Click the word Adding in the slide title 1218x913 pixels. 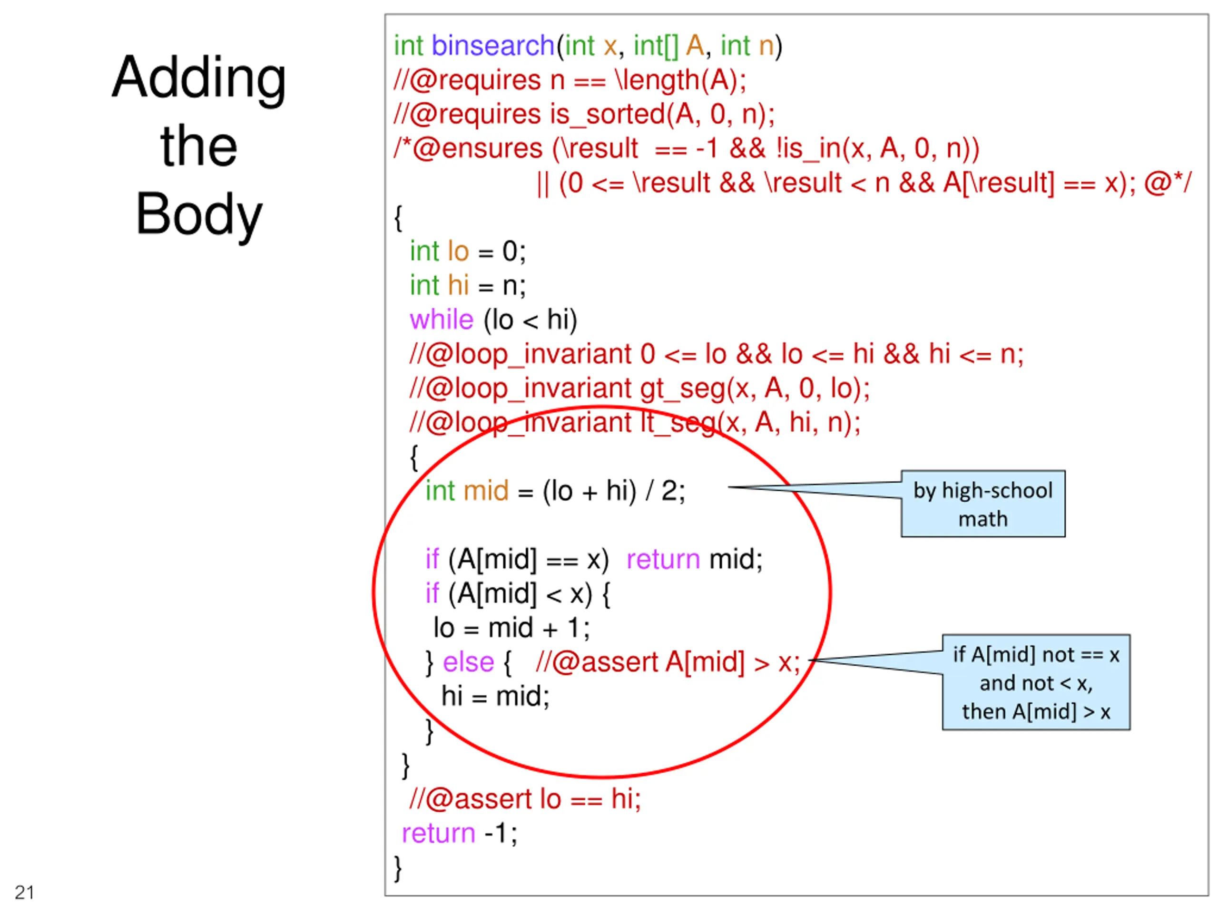199,78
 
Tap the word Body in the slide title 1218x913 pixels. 199,214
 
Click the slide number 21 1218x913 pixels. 24,892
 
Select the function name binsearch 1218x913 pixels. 493,46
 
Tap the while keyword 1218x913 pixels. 441,320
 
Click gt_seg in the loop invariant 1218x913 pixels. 682,389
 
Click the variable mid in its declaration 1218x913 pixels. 486,491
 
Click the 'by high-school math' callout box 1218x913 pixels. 983,504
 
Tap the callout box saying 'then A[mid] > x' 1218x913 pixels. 1036,682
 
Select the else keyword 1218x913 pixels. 468,662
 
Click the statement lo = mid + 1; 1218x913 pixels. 511,628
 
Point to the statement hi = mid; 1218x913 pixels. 495,696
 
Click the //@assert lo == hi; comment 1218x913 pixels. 525,799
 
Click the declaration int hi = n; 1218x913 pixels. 468,286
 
